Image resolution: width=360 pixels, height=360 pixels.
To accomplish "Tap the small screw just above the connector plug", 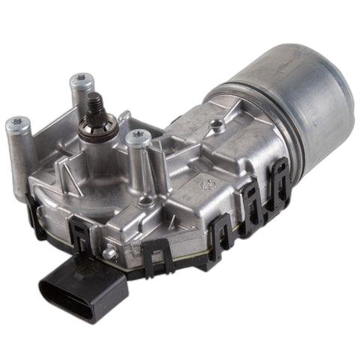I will click(x=111, y=253).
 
